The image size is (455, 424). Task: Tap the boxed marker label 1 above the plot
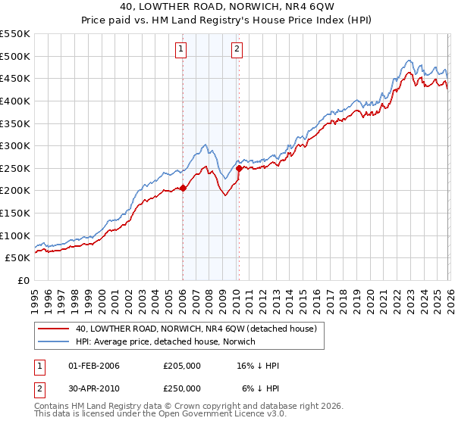[182, 50]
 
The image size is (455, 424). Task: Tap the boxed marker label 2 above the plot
[237, 50]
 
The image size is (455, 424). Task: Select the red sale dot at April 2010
[239, 168]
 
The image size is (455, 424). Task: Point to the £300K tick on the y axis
[15, 145]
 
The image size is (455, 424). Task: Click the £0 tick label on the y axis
[24, 280]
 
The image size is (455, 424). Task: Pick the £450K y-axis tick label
[15, 78]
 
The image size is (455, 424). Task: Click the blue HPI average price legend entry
[166, 341]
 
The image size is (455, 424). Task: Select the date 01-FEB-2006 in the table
[94, 366]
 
